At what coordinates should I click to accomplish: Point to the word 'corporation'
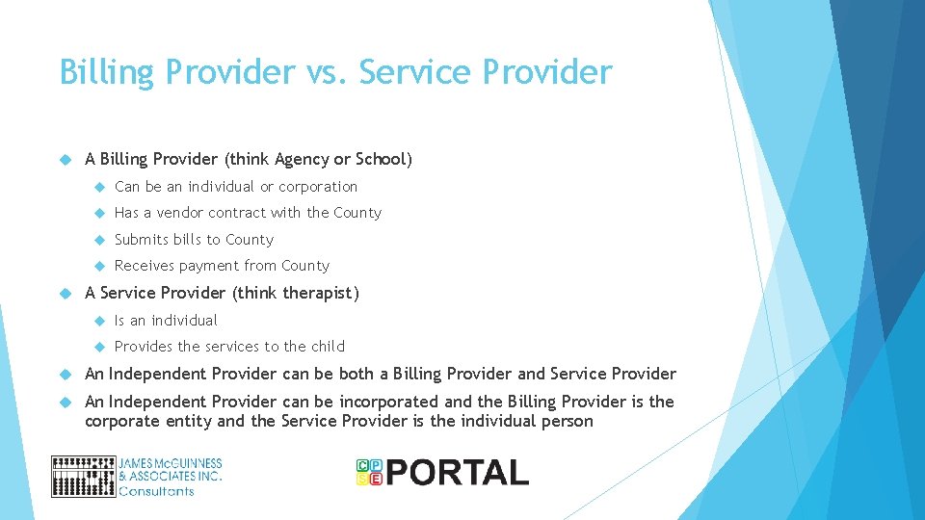(318, 187)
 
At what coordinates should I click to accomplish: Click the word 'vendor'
(178, 213)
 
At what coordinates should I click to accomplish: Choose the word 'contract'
(235, 213)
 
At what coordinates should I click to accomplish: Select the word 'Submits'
(142, 240)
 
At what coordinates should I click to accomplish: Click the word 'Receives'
(145, 266)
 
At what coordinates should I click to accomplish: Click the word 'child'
(328, 347)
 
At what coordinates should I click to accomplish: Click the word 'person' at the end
(567, 421)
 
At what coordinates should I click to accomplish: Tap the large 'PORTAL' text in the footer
(458, 473)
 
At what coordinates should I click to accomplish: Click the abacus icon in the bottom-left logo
(83, 477)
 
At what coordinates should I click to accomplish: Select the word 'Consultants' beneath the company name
(156, 491)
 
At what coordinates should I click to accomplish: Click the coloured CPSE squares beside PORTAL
(369, 472)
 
